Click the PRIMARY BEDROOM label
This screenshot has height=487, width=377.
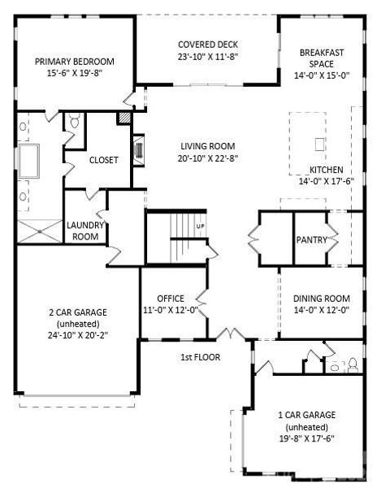coord(74,61)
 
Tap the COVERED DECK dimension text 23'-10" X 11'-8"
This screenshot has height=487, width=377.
coord(207,58)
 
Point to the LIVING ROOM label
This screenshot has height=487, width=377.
coord(208,146)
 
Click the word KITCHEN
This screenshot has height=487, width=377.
coord(326,170)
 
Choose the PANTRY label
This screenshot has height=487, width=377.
coord(311,239)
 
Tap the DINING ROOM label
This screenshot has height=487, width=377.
coord(321,298)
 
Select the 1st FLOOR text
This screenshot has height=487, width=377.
coord(200,356)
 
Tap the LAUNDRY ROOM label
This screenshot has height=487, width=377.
coord(83,231)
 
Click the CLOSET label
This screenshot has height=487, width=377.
coord(103,160)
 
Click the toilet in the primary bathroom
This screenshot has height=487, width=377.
coord(74,122)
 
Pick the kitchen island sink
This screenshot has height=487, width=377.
coord(318,144)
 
